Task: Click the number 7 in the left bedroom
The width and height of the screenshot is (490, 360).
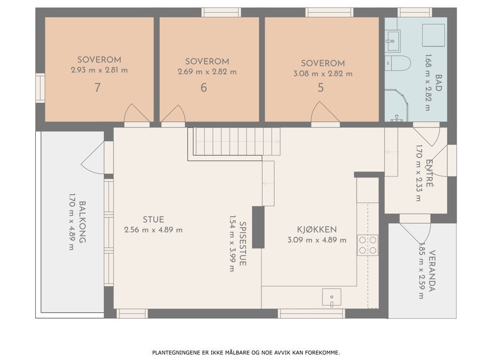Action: (x=98, y=87)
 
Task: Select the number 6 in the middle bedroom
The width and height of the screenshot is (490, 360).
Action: (x=204, y=87)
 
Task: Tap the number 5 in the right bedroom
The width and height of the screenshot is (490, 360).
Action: (x=320, y=87)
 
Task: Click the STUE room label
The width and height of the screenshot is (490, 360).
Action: (x=154, y=219)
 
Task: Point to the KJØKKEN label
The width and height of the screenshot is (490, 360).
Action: (x=316, y=230)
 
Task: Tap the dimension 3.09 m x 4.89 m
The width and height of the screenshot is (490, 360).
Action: (x=316, y=240)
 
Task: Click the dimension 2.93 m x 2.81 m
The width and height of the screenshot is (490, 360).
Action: (x=99, y=70)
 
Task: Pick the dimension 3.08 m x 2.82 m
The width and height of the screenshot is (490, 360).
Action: (x=323, y=74)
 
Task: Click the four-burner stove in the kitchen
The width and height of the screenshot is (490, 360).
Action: (x=367, y=245)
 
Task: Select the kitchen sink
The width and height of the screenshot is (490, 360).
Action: (x=331, y=297)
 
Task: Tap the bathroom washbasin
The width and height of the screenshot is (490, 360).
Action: (x=392, y=40)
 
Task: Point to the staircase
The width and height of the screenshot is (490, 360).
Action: (x=236, y=141)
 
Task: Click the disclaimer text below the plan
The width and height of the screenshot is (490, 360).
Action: (x=246, y=352)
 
